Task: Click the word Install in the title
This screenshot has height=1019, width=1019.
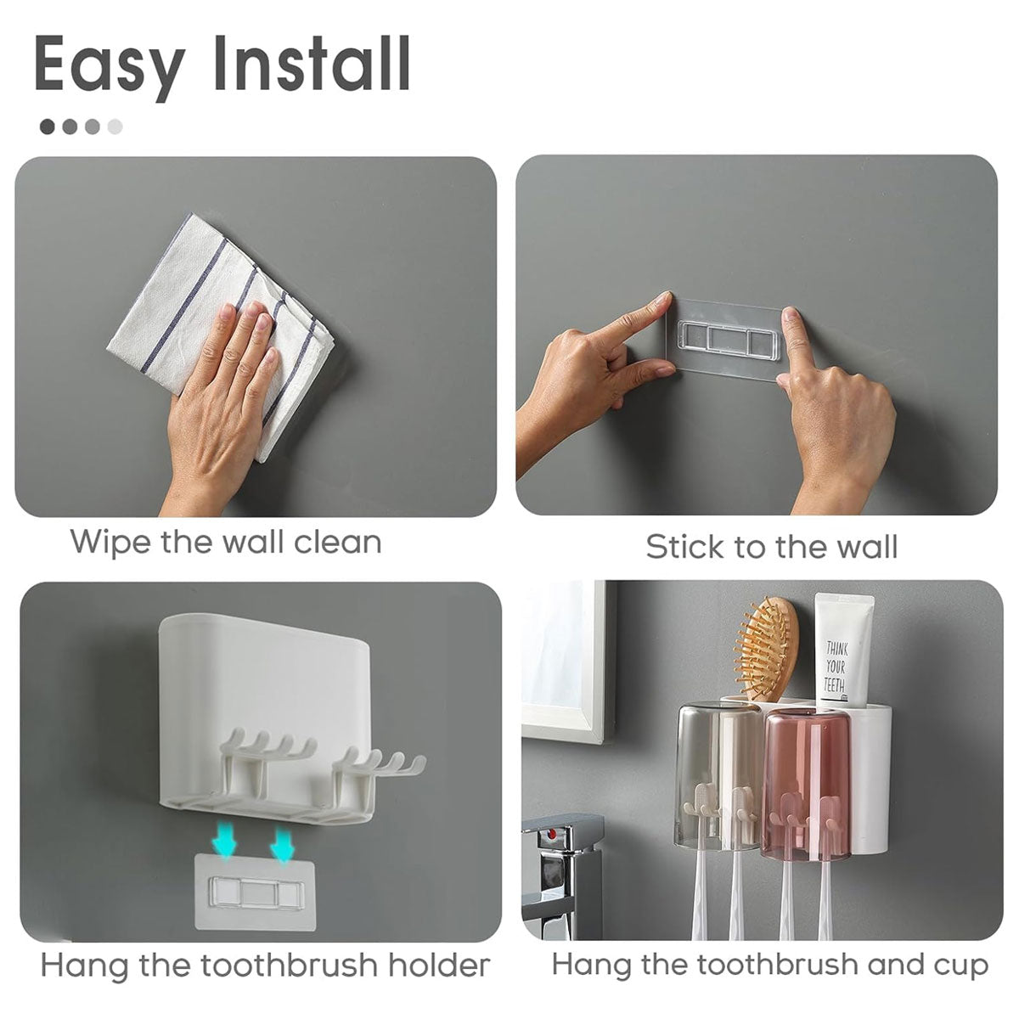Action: coord(312,63)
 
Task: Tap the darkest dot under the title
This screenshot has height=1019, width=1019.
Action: coord(48,127)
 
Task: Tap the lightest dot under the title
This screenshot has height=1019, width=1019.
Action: coord(115,127)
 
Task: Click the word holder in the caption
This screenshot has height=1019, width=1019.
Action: coord(438,966)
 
